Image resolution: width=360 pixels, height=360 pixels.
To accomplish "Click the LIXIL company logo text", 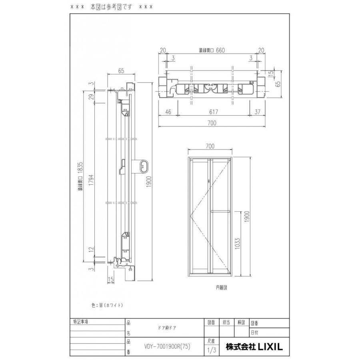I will [254, 346].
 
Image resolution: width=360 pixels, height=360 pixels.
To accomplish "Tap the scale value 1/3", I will [212, 351].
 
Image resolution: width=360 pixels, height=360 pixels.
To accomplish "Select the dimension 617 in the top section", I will [212, 112].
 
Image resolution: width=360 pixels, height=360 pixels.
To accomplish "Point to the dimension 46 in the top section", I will [168, 112].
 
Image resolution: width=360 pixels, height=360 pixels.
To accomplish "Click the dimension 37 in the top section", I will [257, 112].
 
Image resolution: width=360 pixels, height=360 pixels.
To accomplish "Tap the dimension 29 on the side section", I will [92, 98].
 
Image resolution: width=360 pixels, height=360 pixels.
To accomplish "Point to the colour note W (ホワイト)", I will [107, 305].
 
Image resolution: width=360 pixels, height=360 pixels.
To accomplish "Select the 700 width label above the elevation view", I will [210, 146].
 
